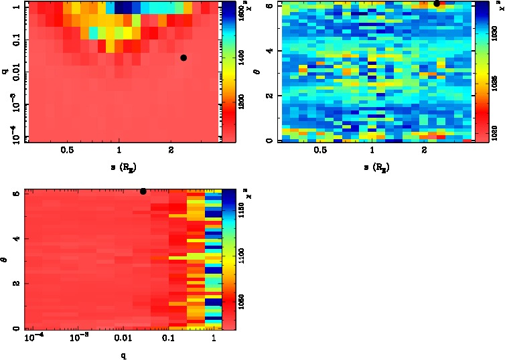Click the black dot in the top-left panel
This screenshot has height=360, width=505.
coord(184,58)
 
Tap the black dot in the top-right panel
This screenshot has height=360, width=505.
coord(437,3)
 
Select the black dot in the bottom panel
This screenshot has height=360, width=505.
coord(143,191)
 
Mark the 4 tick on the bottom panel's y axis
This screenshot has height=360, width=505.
coord(15,238)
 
